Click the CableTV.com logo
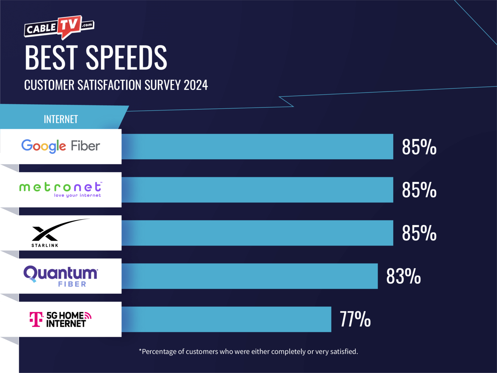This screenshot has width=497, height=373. tap(59, 28)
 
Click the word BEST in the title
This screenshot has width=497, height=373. tap(51, 58)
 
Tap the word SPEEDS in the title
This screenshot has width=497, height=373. tap(126, 58)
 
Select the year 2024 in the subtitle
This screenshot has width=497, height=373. tap(196, 85)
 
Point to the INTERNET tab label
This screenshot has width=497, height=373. tap(61, 119)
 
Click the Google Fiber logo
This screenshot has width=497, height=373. tap(61, 146)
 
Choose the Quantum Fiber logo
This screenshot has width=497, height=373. tap(61, 276)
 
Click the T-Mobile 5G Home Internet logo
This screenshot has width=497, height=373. tap(60, 319)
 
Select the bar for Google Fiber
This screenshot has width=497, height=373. tap(257, 146)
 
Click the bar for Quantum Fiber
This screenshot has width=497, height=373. tap(250, 276)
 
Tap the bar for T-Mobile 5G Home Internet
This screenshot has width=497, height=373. tap(226, 319)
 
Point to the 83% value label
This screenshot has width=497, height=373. tap(403, 276)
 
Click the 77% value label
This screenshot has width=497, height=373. tap(355, 319)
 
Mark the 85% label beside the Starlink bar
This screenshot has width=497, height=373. tap(419, 233)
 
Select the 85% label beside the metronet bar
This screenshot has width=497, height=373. tap(419, 190)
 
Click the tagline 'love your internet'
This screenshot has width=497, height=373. tap(77, 195)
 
